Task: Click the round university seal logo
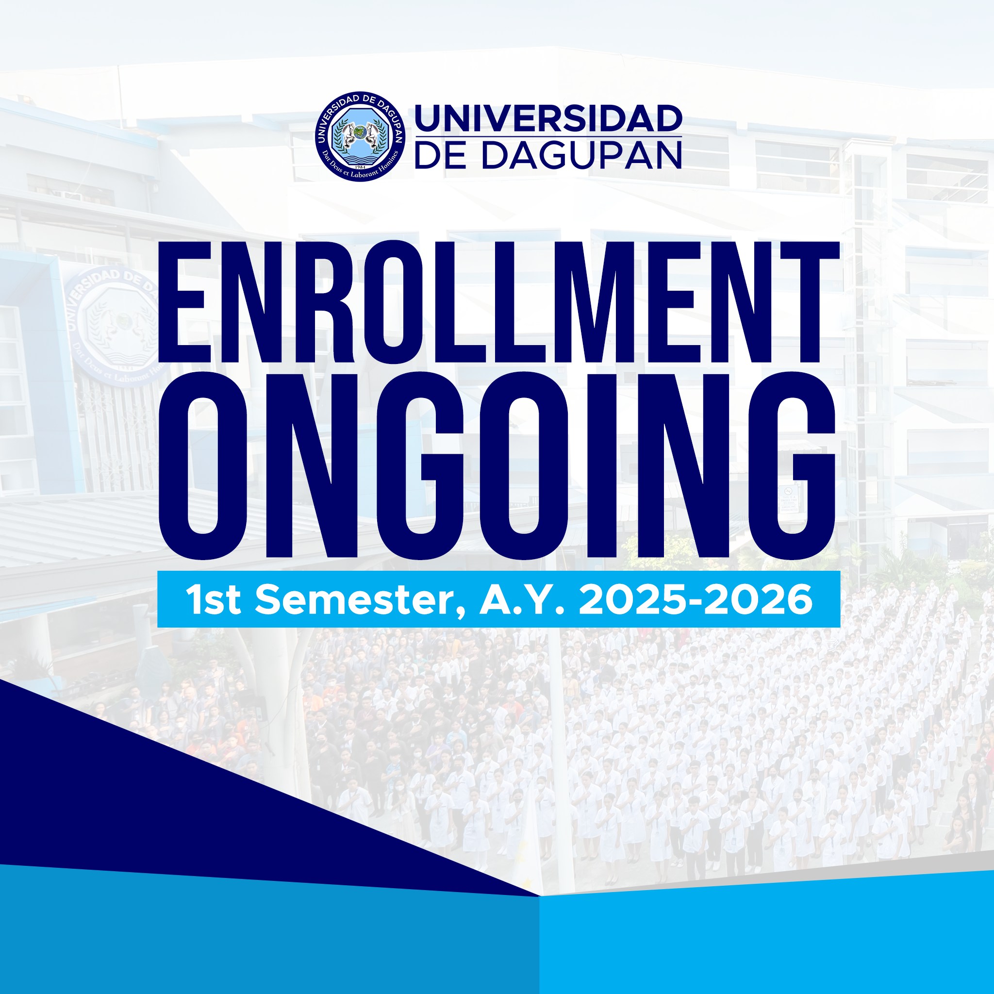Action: (360, 136)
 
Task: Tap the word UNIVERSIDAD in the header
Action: (548, 118)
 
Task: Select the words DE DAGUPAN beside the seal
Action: (548, 155)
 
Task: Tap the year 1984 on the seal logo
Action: (360, 168)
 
